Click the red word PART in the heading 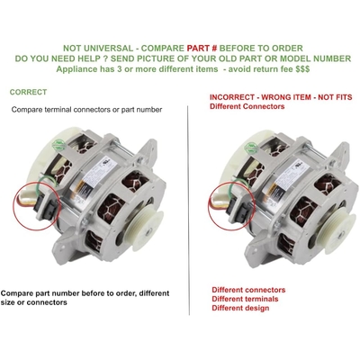198,48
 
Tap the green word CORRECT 28,92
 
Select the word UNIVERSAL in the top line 114,48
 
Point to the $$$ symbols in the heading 302,69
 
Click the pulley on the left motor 144,229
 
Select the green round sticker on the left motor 59,145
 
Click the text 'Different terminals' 245,299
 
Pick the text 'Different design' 240,308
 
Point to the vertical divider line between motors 189,210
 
